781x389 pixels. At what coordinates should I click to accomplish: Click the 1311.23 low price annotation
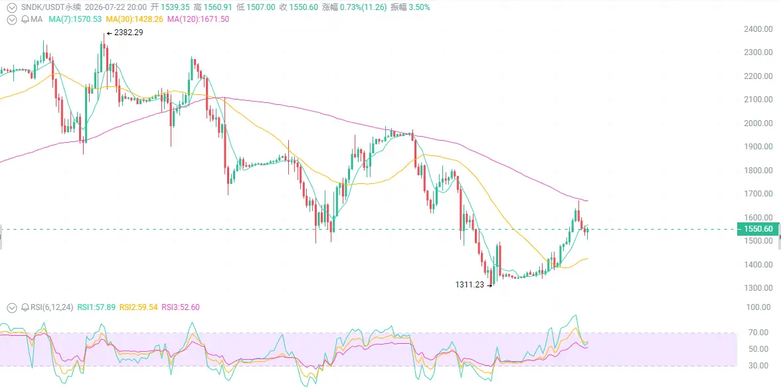(x=470, y=285)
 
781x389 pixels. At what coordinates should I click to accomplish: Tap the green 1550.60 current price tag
(x=758, y=229)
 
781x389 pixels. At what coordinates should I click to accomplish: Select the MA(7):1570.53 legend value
(x=75, y=19)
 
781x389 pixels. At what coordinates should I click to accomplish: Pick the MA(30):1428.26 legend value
(x=135, y=19)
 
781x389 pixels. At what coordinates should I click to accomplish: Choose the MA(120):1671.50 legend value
(x=199, y=19)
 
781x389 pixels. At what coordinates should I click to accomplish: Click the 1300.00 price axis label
(x=758, y=288)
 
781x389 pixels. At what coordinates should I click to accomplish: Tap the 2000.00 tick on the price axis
(x=758, y=123)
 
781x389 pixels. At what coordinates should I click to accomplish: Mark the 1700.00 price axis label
(x=758, y=194)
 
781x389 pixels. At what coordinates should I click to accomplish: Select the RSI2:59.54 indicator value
(x=141, y=307)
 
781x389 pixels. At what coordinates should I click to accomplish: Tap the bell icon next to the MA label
(x=25, y=19)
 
